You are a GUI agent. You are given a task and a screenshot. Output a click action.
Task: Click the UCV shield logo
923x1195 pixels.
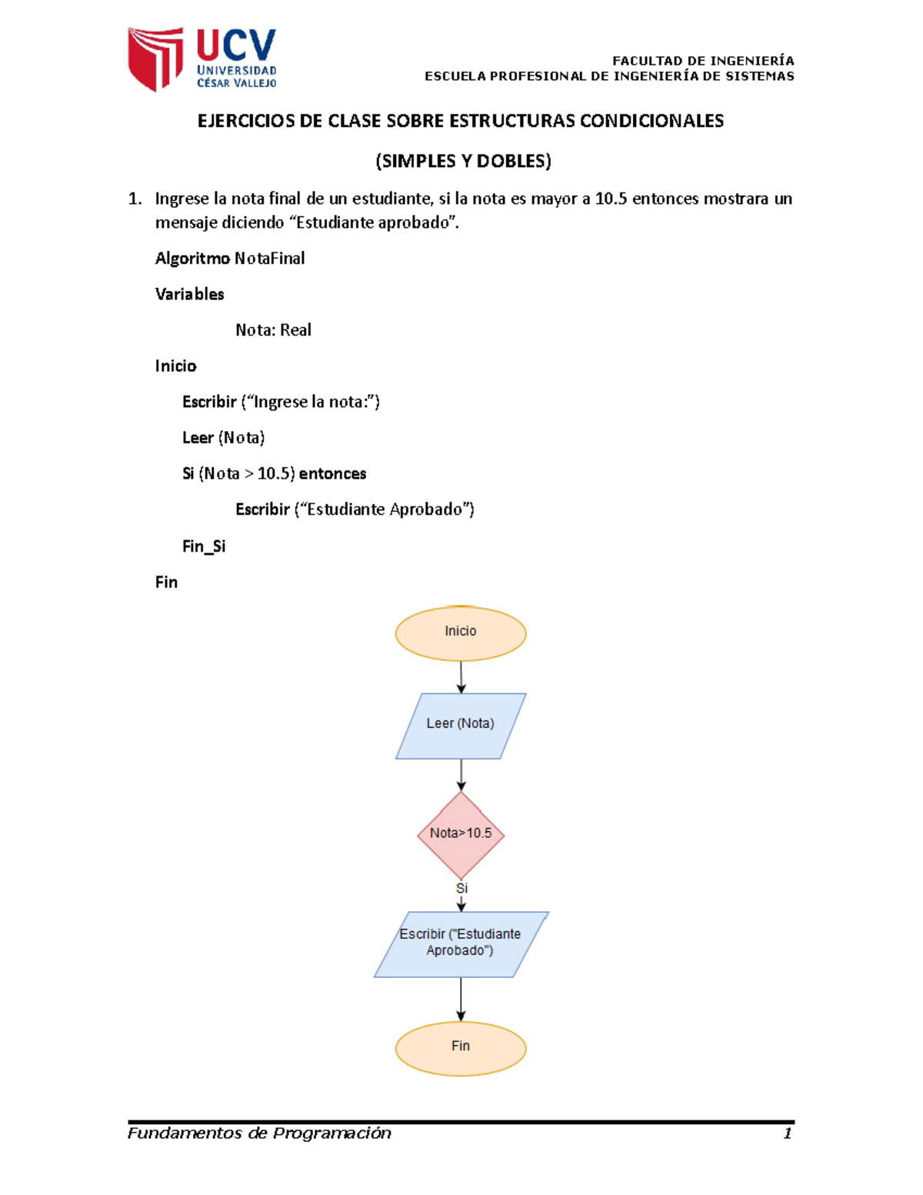tap(155, 58)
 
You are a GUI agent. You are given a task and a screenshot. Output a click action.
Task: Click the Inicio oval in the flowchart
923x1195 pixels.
tap(461, 633)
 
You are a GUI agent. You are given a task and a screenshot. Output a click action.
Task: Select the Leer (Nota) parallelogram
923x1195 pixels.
tap(461, 726)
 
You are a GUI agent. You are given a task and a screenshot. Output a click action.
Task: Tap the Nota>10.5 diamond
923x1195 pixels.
tap(461, 834)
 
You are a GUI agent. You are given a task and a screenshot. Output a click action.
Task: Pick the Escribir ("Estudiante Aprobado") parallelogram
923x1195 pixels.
tap(461, 944)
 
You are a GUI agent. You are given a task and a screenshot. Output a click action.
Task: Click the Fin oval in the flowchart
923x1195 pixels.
tap(461, 1047)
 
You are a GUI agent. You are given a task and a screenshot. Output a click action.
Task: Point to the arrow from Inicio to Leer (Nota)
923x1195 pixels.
tap(461, 677)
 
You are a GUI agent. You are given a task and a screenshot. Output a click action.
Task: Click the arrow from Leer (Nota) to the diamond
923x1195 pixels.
tap(461, 775)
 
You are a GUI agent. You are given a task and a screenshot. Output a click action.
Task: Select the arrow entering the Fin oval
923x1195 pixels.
tap(461, 1000)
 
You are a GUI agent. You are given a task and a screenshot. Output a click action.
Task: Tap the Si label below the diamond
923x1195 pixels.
tap(461, 889)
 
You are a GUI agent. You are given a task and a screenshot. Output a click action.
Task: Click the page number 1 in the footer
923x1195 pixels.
tap(787, 1133)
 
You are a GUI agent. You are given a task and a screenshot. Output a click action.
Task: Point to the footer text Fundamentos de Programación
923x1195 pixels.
tap(259, 1133)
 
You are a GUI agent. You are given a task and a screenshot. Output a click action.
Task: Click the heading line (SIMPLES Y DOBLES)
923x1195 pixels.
tap(463, 162)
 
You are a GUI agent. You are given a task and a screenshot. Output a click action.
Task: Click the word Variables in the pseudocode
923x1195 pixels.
tap(189, 294)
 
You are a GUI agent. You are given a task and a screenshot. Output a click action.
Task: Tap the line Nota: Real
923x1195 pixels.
tap(273, 330)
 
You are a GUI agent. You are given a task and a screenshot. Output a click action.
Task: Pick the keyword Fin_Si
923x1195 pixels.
tap(204, 546)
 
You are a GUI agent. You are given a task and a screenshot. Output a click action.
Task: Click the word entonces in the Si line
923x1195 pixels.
tap(332, 474)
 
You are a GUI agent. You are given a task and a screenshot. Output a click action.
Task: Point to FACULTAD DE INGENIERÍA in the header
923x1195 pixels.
tap(703, 61)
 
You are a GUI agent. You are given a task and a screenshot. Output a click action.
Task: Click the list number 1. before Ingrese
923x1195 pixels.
tap(135, 199)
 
